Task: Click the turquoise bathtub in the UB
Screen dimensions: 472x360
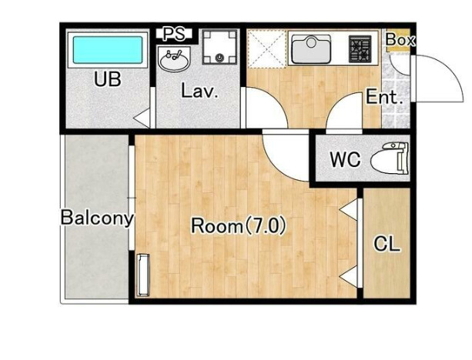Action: [108, 50]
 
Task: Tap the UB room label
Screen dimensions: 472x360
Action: [108, 79]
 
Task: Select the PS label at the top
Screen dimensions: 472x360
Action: [174, 34]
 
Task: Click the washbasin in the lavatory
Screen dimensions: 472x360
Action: [174, 59]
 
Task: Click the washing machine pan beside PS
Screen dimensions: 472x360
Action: [219, 47]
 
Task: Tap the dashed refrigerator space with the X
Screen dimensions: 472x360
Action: [266, 48]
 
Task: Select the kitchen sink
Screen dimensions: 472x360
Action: [311, 49]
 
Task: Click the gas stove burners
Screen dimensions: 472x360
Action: [360, 49]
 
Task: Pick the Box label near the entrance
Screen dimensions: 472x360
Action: [400, 40]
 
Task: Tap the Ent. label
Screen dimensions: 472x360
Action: [384, 97]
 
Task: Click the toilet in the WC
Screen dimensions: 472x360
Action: [390, 158]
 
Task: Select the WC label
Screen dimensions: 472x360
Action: [345, 159]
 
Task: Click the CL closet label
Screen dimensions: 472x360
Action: [387, 244]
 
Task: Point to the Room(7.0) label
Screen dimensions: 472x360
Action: [239, 226]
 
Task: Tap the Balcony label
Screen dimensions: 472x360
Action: [97, 218]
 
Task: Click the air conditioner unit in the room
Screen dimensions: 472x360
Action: [142, 275]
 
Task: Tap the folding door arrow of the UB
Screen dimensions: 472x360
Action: [142, 118]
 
